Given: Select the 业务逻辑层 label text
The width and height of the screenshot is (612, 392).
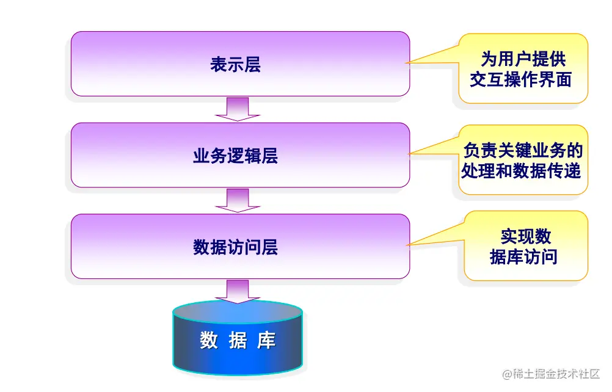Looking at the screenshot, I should point(235,156).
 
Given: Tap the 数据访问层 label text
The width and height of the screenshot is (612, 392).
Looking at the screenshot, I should point(235,247).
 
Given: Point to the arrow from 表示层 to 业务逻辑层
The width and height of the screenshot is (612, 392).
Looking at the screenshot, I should point(238,109).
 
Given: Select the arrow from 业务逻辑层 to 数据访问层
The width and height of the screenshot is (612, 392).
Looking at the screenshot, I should point(238,200).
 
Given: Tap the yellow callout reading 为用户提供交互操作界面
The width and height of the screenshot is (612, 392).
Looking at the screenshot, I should point(523,68).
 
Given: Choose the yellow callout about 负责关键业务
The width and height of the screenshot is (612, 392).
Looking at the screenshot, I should point(523,160).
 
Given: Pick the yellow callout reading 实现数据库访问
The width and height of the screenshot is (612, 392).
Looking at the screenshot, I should point(525,246).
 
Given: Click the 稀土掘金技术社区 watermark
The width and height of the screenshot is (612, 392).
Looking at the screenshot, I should point(551,373).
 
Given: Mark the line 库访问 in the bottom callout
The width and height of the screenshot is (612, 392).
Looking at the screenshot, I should point(523,257).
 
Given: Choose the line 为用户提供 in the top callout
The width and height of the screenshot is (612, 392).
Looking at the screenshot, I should point(523,59).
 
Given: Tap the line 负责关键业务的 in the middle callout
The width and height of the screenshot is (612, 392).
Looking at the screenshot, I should point(523,150).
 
